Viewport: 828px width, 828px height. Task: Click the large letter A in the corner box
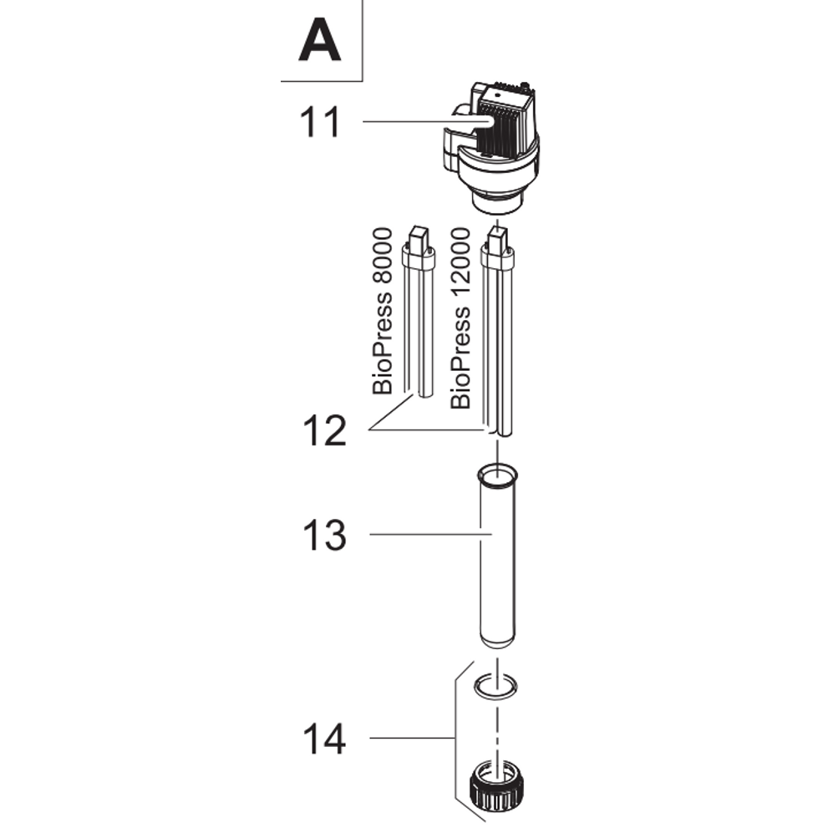tap(320, 42)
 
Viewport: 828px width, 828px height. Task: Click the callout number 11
tap(320, 122)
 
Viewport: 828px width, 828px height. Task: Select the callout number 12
tap(323, 430)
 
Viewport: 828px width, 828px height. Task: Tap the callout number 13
tap(323, 535)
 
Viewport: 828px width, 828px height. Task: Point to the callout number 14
tap(323, 739)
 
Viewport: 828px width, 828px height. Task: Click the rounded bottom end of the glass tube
tap(498, 641)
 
